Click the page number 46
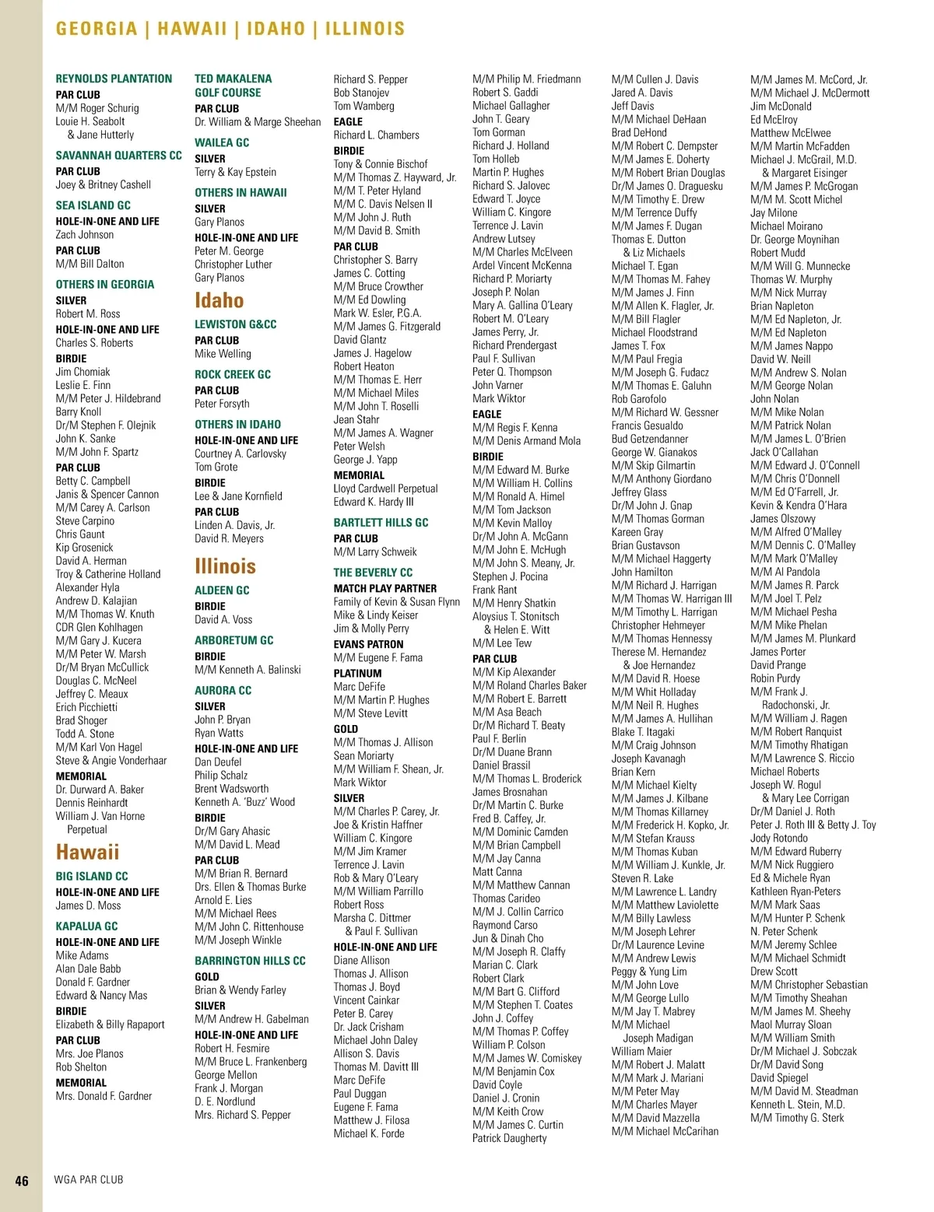pos(22,1180)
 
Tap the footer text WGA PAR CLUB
pos(89,1179)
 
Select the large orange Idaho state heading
pos(219,300)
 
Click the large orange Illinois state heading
pos(225,566)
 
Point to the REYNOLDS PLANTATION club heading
pos(114,79)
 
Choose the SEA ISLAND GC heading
pos(93,205)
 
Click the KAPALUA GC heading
pos(86,926)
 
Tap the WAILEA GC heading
pos(222,142)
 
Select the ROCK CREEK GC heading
pos(233,374)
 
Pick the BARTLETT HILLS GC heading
pos(381,522)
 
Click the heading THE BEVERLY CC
pos(373,572)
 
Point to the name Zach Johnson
pos(84,234)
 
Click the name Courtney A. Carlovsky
pos(241,454)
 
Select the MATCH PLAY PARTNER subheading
pos(384,588)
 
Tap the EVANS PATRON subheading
pos(368,644)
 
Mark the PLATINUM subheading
pos(357,673)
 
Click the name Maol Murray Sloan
pos(791,1025)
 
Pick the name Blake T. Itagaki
pos(643,732)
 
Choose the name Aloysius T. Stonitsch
pos(515,616)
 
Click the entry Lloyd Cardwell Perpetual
pos(385,489)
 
